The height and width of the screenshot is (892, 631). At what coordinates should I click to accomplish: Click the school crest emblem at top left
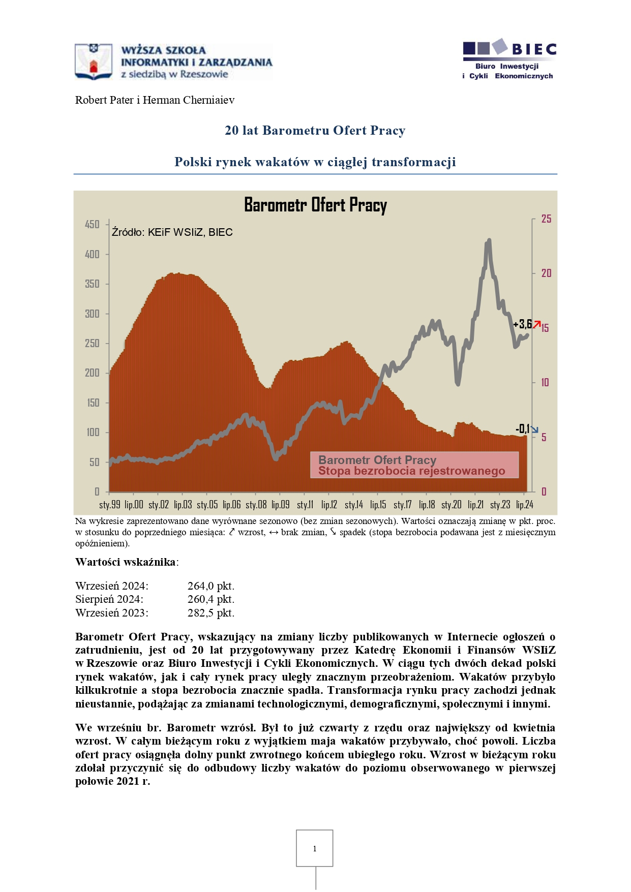(x=94, y=61)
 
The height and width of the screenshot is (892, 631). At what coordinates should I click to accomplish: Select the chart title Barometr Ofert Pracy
(x=315, y=205)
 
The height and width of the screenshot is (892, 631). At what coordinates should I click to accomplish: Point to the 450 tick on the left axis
(x=92, y=224)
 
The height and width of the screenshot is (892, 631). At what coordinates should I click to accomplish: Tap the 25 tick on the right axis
(x=546, y=219)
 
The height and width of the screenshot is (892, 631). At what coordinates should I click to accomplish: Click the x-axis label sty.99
(x=110, y=504)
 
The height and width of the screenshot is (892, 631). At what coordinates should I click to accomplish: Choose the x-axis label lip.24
(x=525, y=504)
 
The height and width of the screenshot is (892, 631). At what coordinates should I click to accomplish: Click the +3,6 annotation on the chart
(x=523, y=324)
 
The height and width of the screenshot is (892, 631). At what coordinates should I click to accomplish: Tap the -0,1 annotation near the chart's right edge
(x=523, y=428)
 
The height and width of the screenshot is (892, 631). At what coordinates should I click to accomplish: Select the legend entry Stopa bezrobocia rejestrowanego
(x=412, y=471)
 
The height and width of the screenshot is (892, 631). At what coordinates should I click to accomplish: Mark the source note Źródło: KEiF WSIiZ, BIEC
(x=172, y=232)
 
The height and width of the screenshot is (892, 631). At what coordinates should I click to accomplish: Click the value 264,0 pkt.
(x=211, y=586)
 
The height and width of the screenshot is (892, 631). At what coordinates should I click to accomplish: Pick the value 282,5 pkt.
(x=211, y=613)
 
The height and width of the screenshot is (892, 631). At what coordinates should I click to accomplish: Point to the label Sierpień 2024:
(x=109, y=600)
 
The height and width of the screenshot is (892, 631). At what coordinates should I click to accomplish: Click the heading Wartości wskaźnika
(x=126, y=562)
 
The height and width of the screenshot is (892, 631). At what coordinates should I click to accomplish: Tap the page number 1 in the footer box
(x=315, y=848)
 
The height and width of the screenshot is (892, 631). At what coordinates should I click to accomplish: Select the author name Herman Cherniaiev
(x=189, y=100)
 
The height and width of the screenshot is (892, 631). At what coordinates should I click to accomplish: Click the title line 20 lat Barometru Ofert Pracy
(x=315, y=131)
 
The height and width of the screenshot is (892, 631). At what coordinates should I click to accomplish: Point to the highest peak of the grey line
(x=489, y=240)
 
